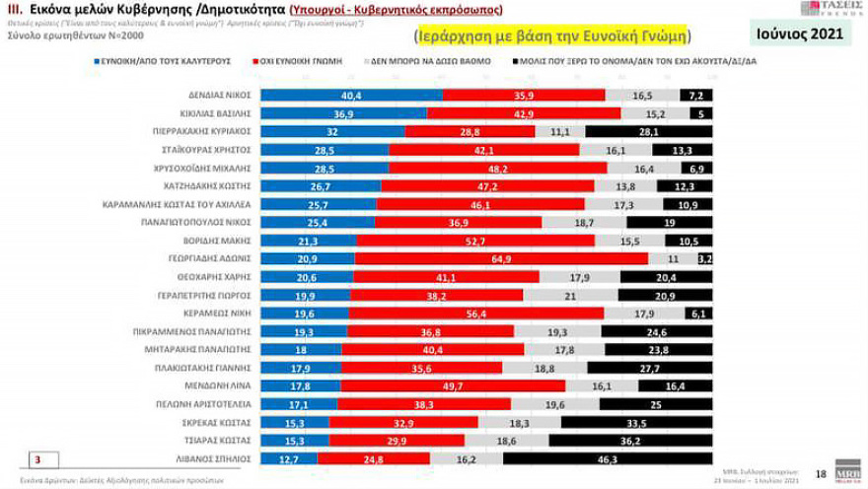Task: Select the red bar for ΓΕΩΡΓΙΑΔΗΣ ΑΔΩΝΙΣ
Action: tap(501, 258)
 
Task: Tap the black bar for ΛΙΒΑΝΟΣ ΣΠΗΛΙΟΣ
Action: tap(608, 458)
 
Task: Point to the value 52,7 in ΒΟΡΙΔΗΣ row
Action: tap(475, 241)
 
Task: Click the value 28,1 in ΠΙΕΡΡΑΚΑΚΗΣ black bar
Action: tap(648, 132)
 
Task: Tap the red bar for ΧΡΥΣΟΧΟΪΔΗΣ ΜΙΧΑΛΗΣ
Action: tap(497, 169)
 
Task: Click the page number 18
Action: tap(821, 473)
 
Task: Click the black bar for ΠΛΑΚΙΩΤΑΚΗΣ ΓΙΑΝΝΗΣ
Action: tap(649, 368)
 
